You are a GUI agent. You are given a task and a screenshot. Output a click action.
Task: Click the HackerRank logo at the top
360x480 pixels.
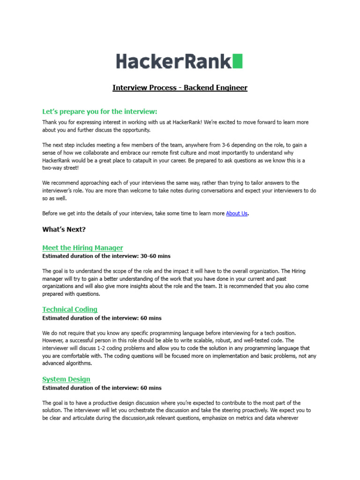click(179, 61)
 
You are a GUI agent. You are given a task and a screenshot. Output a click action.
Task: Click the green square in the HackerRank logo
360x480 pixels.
click(238, 61)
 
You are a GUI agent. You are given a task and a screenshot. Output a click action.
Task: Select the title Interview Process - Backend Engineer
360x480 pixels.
click(180, 88)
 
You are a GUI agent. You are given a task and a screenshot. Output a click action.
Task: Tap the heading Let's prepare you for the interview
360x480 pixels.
click(100, 112)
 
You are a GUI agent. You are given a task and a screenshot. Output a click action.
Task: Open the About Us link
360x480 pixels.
click(236, 213)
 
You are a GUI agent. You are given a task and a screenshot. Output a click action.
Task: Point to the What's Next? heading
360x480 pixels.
click(64, 229)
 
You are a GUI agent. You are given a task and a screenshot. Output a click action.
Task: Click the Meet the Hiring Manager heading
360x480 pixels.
click(82, 247)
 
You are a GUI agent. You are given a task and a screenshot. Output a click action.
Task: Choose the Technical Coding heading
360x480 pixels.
click(70, 309)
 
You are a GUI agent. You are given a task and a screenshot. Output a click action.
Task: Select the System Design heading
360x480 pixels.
click(66, 379)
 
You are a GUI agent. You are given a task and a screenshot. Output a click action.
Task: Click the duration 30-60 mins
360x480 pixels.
click(155, 256)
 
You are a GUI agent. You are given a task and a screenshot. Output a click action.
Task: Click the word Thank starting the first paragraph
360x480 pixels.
click(50, 122)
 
